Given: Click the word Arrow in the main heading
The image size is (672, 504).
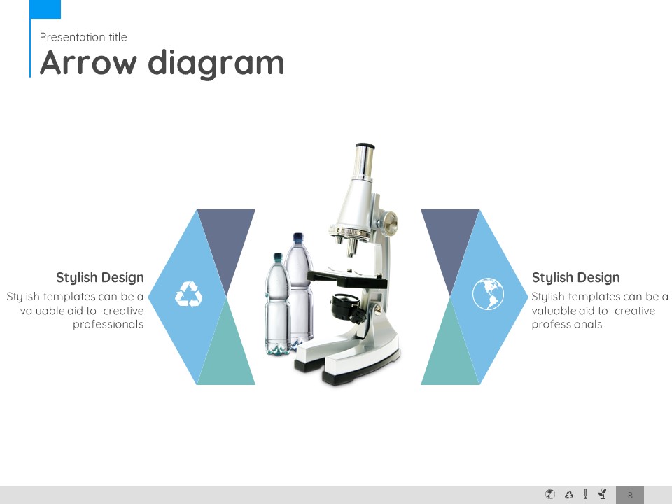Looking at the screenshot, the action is [88, 63].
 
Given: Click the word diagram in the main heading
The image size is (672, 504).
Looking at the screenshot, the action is [216, 64].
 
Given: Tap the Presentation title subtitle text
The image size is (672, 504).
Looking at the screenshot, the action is [83, 37].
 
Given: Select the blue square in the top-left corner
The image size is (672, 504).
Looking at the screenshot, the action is [46, 9].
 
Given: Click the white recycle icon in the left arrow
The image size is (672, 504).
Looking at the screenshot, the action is [189, 295].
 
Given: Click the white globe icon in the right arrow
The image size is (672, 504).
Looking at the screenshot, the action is [488, 293].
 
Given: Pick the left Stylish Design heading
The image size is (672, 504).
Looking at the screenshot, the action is [100, 278].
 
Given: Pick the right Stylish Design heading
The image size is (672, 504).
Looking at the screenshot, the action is [575, 278].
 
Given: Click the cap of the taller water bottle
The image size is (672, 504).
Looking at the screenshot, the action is [298, 237].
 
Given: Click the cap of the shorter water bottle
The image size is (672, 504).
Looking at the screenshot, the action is [278, 257].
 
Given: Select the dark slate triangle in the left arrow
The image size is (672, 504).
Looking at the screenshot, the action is [226, 240].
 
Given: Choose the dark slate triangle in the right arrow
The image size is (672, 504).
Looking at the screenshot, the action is [450, 240].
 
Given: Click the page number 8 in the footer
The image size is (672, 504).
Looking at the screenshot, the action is [630, 495].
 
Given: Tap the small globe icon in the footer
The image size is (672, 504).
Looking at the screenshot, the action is [550, 494].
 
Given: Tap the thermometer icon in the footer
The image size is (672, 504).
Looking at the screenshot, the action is [585, 494].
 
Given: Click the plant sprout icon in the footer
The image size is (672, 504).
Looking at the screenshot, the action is [603, 494].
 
